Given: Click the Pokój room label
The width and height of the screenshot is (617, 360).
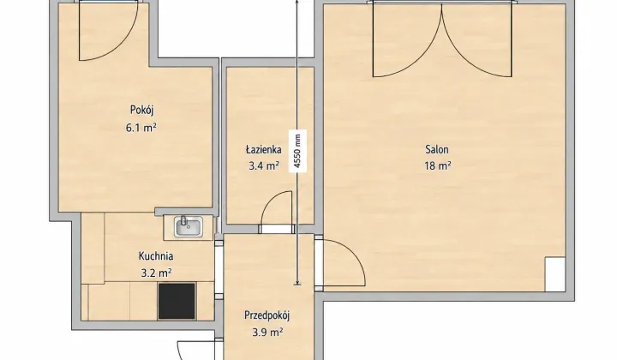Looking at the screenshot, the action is [x=141, y=111].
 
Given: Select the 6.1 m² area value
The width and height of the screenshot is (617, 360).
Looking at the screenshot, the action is [x=141, y=128].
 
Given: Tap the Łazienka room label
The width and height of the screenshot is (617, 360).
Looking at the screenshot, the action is [x=264, y=149].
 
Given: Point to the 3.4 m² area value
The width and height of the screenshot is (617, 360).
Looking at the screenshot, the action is [x=264, y=166].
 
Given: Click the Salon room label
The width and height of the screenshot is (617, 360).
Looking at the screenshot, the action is [x=437, y=149].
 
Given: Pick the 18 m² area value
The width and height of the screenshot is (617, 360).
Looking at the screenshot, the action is [x=438, y=166].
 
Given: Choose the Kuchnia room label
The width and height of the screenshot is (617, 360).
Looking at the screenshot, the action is [x=156, y=256].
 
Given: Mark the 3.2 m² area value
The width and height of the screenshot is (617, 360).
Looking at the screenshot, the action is [x=156, y=273].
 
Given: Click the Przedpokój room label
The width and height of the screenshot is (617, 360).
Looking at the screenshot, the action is [x=267, y=315].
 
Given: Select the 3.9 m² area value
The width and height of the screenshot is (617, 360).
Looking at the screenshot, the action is [x=267, y=333].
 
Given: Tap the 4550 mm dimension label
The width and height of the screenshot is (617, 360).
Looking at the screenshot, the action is [x=297, y=151].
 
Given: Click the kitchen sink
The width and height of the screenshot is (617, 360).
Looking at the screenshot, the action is [x=189, y=227].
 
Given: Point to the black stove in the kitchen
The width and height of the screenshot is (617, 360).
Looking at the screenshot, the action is [x=177, y=301].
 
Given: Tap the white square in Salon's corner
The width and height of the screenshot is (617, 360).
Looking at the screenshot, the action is [x=555, y=274].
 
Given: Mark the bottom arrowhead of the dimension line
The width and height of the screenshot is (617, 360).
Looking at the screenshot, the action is [x=297, y=282].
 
